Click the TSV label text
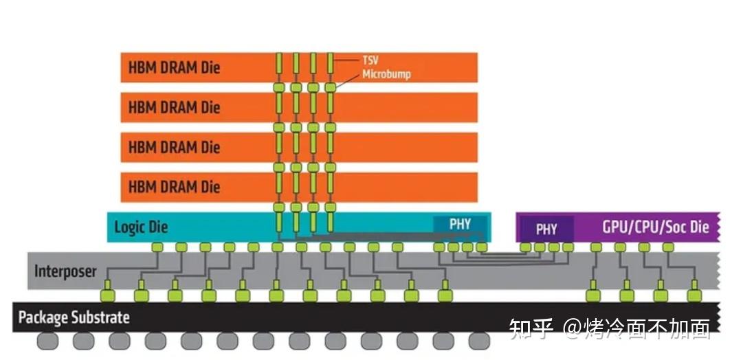point(370,60)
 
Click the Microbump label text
point(386,74)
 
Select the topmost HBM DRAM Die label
point(174,68)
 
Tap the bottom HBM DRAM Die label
point(174,186)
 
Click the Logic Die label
point(141,227)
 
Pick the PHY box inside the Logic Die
point(461,225)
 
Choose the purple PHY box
point(546,229)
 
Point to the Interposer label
point(65,271)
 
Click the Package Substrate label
point(74,317)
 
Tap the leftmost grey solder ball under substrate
point(47,340)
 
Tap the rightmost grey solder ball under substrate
point(478,340)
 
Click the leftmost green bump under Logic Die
point(157,247)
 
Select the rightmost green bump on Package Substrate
point(694,296)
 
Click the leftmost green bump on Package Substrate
point(107,296)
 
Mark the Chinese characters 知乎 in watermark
point(531,329)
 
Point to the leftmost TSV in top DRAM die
point(280,67)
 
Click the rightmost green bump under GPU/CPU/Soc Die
point(668,247)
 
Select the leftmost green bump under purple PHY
point(526,247)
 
